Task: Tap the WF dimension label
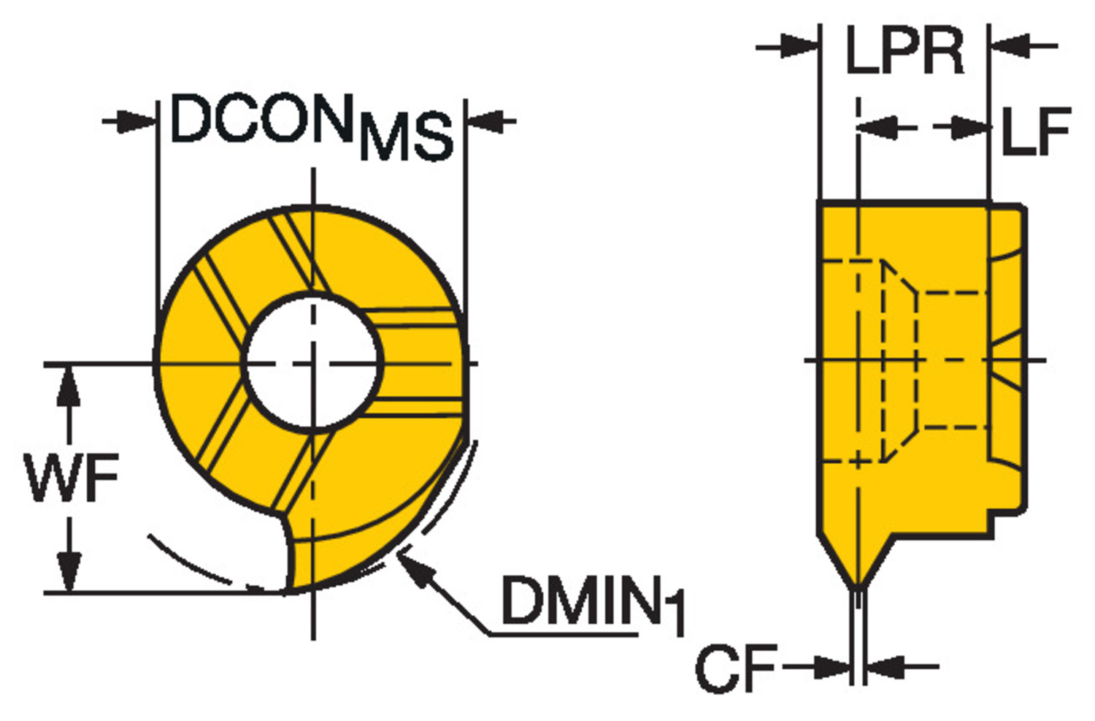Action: [x=72, y=478]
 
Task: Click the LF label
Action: [x=1035, y=131]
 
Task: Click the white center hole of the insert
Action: [x=312, y=361]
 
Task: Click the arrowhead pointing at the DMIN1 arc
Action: [x=412, y=566]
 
